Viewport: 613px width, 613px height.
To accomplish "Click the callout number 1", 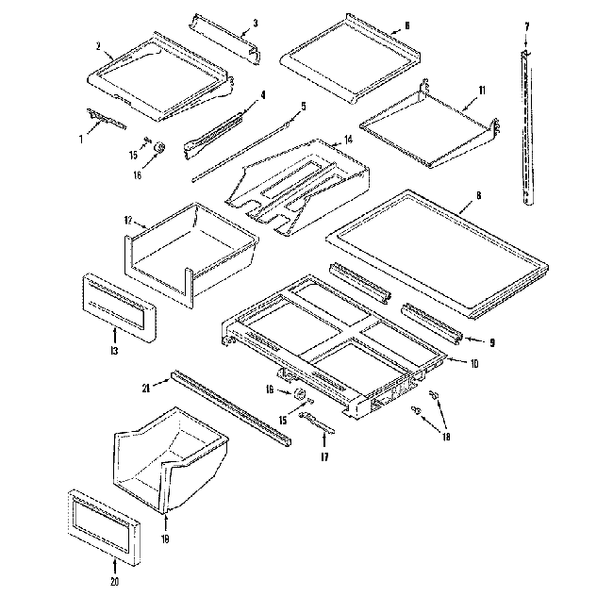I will [81, 139].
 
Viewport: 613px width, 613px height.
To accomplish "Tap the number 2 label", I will [98, 45].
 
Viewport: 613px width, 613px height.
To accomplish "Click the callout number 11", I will [482, 90].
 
